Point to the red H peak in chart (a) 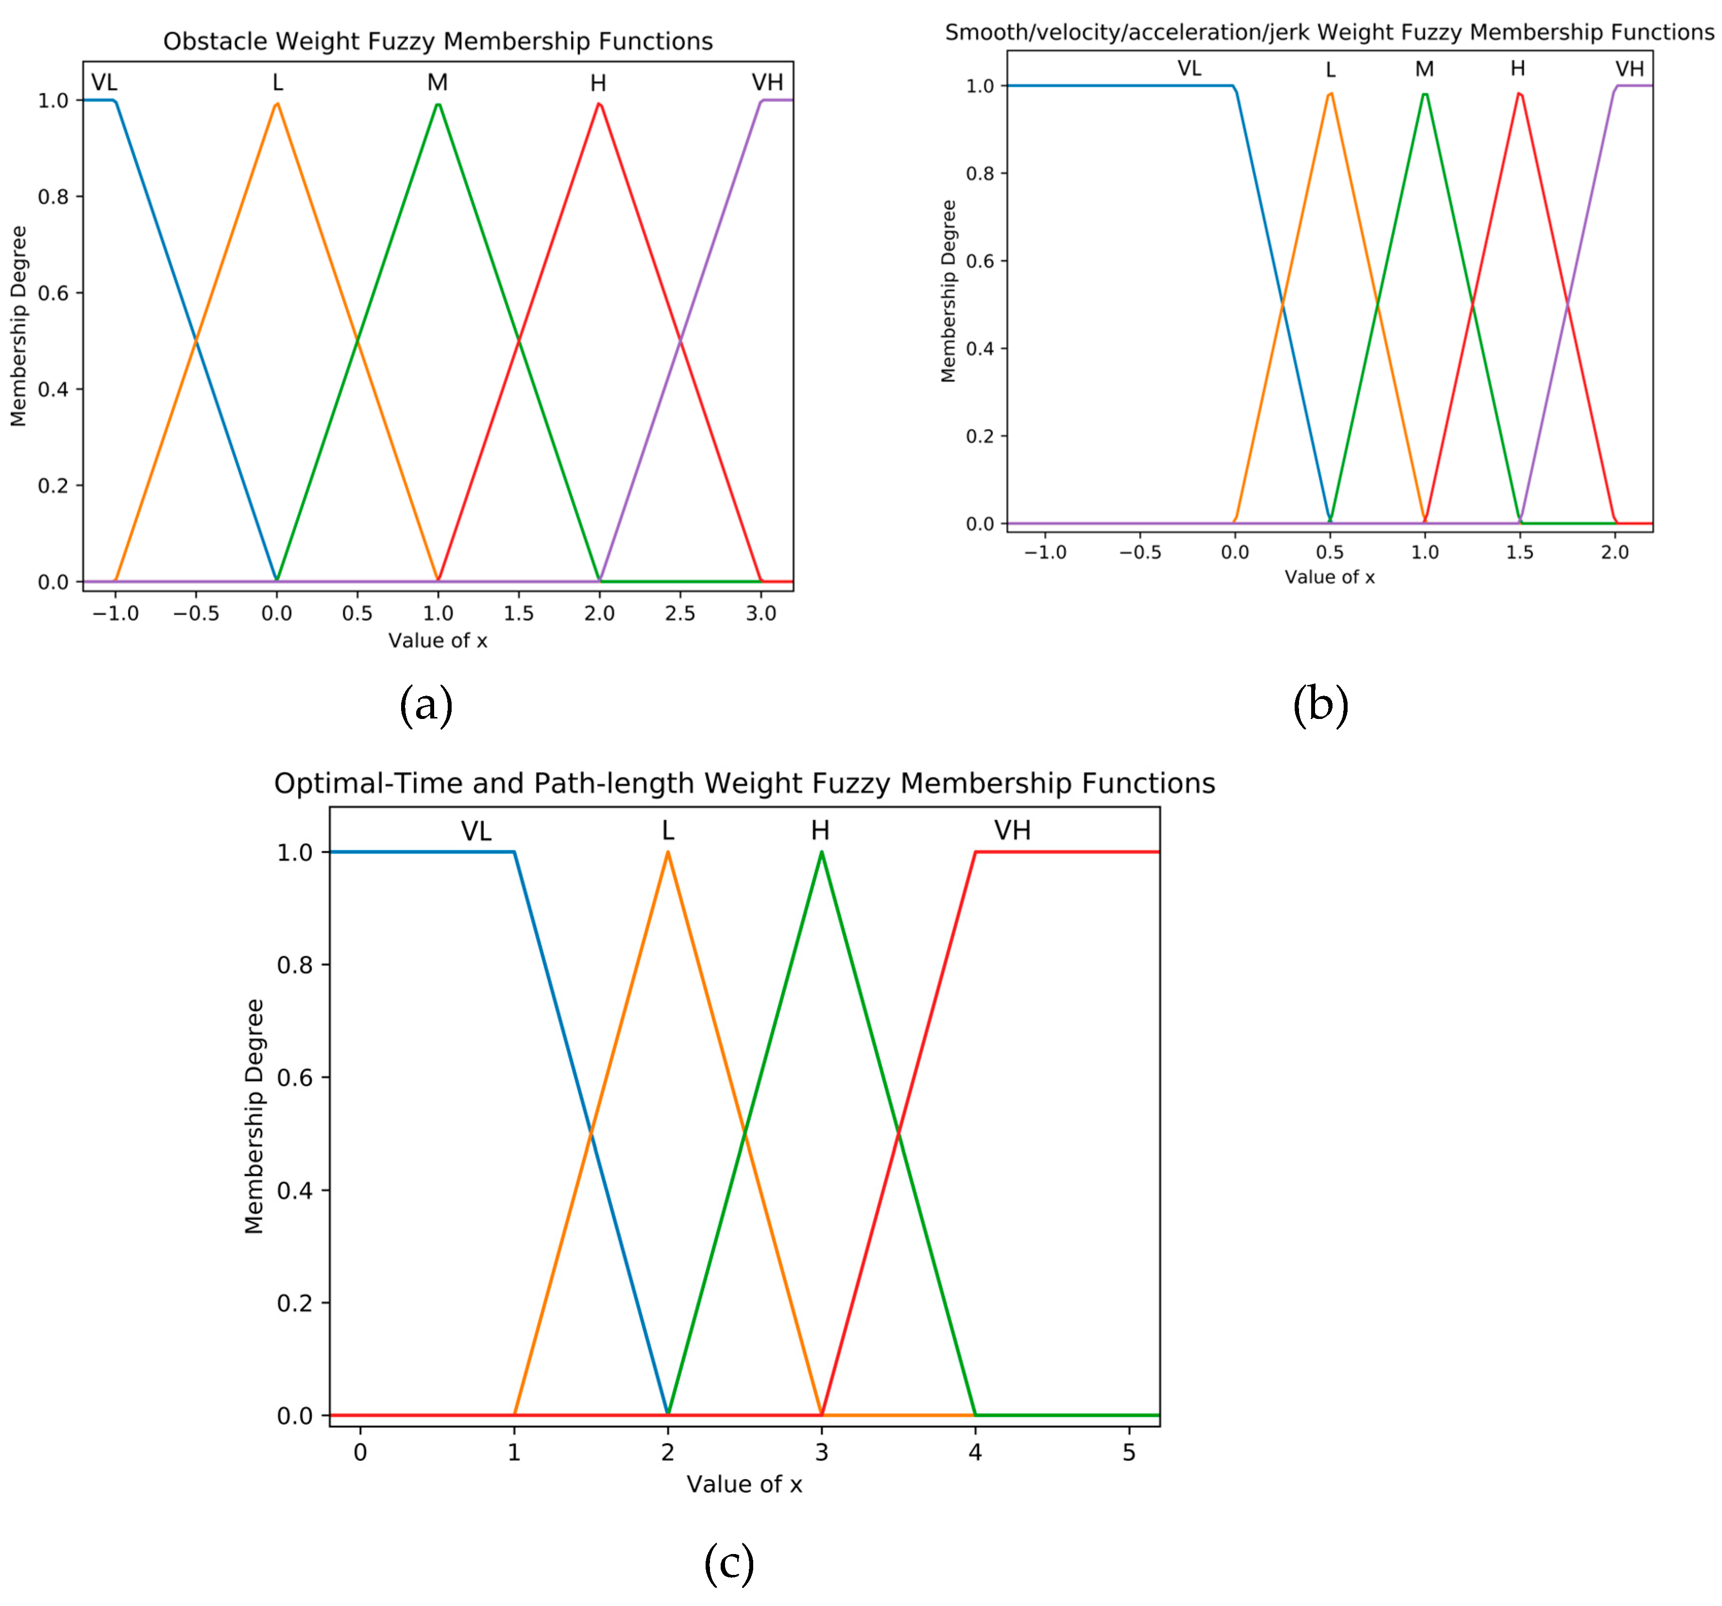[x=599, y=105]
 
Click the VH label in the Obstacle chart [x=767, y=82]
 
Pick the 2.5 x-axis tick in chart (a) [x=680, y=614]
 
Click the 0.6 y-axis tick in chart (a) [x=53, y=293]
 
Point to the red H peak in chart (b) [x=1519, y=94]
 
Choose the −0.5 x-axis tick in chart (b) [x=1140, y=552]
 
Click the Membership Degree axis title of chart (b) [x=948, y=290]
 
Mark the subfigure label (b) [x=1320, y=705]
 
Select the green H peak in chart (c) [x=821, y=853]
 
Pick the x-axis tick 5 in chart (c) [x=1129, y=1307]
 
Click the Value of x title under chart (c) [x=744, y=1339]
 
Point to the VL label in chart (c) [x=475, y=831]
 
